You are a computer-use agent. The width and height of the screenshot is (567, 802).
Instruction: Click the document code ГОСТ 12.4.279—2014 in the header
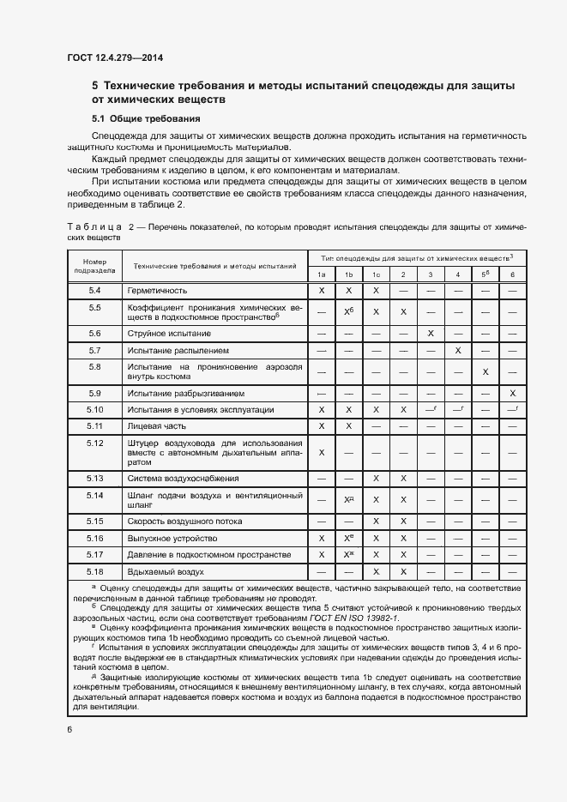(x=114, y=57)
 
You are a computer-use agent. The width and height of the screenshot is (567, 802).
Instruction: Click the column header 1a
(x=322, y=274)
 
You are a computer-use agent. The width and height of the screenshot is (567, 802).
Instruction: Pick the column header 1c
(x=376, y=274)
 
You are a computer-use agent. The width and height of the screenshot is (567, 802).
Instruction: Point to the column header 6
(x=512, y=274)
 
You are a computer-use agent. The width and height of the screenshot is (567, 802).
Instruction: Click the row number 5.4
(x=94, y=291)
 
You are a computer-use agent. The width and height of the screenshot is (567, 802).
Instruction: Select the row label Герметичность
(x=157, y=291)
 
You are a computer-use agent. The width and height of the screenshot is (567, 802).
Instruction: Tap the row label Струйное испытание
(x=169, y=333)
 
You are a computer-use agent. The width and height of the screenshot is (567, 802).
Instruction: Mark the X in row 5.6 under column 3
(x=431, y=333)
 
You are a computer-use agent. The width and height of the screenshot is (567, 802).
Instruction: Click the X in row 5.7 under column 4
(x=458, y=350)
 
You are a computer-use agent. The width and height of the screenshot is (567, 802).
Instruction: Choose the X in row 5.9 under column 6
(x=512, y=392)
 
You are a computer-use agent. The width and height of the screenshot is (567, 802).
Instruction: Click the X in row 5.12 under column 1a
(x=322, y=452)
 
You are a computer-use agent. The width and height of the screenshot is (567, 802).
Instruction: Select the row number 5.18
(x=94, y=571)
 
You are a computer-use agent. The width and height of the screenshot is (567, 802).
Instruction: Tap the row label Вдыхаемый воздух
(x=166, y=571)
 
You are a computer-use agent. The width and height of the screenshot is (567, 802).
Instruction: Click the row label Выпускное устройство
(x=172, y=538)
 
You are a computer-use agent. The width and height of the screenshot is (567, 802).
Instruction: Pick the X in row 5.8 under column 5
(x=486, y=371)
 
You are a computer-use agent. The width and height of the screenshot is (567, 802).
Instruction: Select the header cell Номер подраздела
(x=94, y=265)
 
